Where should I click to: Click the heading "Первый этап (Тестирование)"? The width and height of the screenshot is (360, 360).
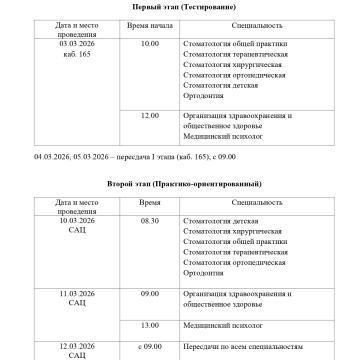click(179, 8)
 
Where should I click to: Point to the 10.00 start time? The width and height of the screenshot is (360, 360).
click(150, 44)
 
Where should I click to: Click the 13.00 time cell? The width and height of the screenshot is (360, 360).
click(150, 325)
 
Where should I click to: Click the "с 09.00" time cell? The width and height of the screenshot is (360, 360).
click(150, 345)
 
